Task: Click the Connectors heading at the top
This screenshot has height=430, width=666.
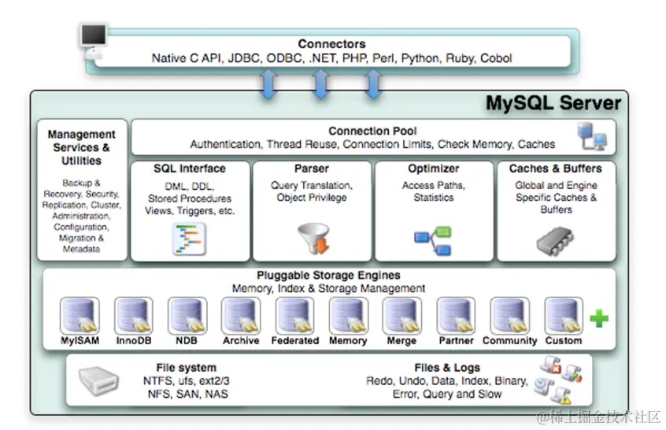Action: pos(331,44)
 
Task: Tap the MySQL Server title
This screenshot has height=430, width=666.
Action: pos(553,103)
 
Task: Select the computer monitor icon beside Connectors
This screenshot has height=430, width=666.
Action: pos(93,36)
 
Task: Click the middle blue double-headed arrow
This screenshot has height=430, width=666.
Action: pos(320,83)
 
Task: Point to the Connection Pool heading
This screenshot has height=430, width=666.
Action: pos(372,131)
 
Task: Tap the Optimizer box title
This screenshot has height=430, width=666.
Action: pos(433,169)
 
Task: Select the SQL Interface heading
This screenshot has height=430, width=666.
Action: pos(190,169)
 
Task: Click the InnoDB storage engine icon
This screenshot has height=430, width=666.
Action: pos(134,316)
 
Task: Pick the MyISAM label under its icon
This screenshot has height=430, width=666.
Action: pos(80,341)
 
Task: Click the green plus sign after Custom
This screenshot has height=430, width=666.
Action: pos(599,318)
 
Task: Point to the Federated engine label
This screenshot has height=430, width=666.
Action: pos(294,341)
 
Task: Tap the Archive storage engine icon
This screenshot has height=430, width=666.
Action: pos(241,316)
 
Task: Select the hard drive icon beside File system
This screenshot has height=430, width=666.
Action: pos(99,381)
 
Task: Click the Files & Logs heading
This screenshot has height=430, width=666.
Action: pos(446,368)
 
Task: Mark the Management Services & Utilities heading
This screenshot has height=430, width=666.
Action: pos(82,147)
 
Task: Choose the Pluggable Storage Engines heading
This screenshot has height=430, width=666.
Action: pos(328,276)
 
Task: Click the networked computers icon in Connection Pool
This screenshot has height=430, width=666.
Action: pos(592,137)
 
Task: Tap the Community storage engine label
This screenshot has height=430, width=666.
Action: pos(509,341)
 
